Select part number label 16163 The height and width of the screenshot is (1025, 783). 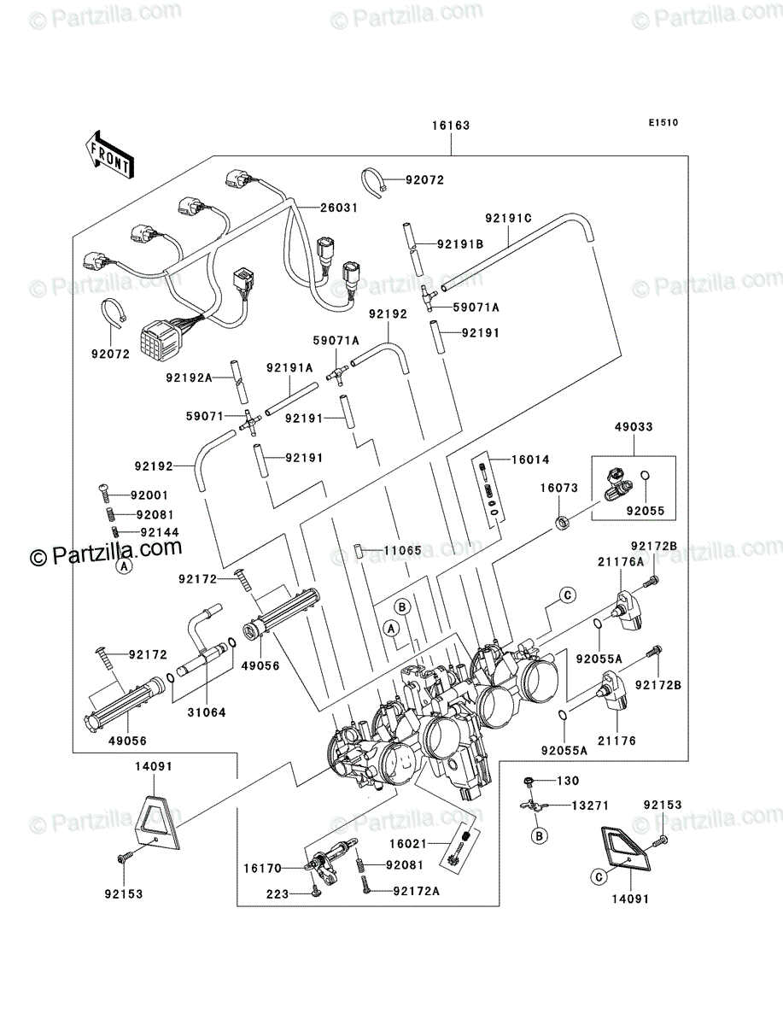click(451, 126)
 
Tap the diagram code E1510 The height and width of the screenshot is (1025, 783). click(663, 123)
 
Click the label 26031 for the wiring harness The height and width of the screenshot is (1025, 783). click(339, 208)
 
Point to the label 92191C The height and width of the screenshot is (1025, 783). click(508, 218)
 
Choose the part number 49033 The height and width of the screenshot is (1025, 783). click(634, 426)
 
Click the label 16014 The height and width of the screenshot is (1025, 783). click(530, 460)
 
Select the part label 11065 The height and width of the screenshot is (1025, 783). click(403, 551)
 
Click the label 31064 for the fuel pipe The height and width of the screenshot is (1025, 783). click(207, 712)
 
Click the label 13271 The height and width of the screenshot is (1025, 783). click(590, 805)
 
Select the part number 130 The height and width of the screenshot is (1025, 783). click(568, 781)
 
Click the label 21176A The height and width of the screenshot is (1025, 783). click(621, 562)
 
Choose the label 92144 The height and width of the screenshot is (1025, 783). click(160, 532)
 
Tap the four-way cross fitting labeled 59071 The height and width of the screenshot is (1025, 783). click(249, 423)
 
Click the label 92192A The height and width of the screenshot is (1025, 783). click(189, 378)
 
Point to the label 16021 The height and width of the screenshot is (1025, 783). click(409, 844)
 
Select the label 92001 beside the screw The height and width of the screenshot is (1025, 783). click(149, 495)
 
